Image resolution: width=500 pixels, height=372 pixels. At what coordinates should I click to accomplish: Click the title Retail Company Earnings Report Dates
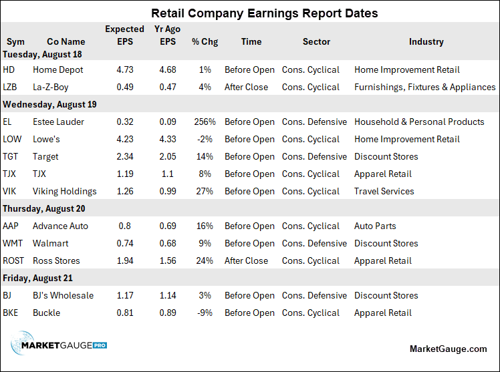point(264,13)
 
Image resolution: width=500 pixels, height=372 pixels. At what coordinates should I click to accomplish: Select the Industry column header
point(426,41)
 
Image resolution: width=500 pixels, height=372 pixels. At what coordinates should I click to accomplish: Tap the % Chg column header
point(205,41)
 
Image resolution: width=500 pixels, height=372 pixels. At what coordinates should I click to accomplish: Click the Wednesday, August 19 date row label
point(49,104)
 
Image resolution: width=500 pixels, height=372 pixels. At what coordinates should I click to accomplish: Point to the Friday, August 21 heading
point(37,278)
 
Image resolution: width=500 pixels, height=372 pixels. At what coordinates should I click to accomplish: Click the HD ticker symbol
point(9,69)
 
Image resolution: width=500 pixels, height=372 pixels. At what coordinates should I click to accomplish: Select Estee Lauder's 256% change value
point(205,122)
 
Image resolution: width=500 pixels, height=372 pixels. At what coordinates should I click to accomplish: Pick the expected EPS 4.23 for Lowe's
point(125,139)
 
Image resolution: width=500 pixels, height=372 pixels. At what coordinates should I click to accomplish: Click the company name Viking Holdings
point(64,192)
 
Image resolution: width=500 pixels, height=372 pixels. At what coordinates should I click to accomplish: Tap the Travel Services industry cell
point(384,191)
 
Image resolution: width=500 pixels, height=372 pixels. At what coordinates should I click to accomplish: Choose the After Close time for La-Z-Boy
point(246,87)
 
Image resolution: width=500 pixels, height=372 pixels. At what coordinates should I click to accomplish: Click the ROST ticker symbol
point(13,260)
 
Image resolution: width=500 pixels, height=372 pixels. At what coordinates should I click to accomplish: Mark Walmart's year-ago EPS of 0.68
point(168,243)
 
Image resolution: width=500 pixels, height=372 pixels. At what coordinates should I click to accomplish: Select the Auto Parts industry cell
point(375,226)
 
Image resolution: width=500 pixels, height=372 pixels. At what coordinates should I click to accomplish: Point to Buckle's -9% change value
point(205,313)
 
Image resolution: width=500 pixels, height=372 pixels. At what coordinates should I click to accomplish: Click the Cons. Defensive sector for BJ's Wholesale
point(314,295)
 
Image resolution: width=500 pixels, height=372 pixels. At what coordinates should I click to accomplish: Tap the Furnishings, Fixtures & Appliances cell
point(424,87)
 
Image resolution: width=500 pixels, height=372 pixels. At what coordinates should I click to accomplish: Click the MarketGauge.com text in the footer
point(448,349)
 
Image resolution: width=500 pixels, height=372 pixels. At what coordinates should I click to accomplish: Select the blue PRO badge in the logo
point(100,345)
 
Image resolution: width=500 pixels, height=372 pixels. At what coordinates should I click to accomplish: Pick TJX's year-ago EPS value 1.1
point(168,174)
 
